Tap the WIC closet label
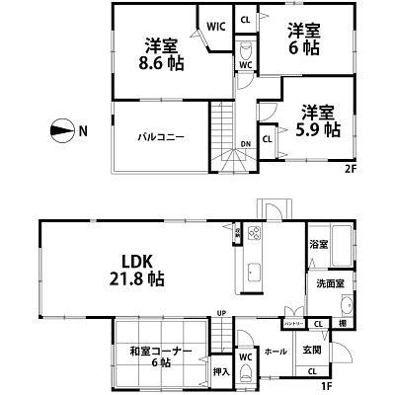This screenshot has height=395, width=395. [x=212, y=28]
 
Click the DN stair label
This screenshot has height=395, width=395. [x=246, y=144]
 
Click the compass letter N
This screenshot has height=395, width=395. [x=85, y=129]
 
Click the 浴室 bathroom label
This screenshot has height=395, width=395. [x=319, y=245]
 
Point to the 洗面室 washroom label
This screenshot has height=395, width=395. [x=329, y=283]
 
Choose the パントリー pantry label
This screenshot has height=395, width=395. [x=293, y=323]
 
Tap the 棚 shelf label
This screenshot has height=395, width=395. [x=340, y=323]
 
